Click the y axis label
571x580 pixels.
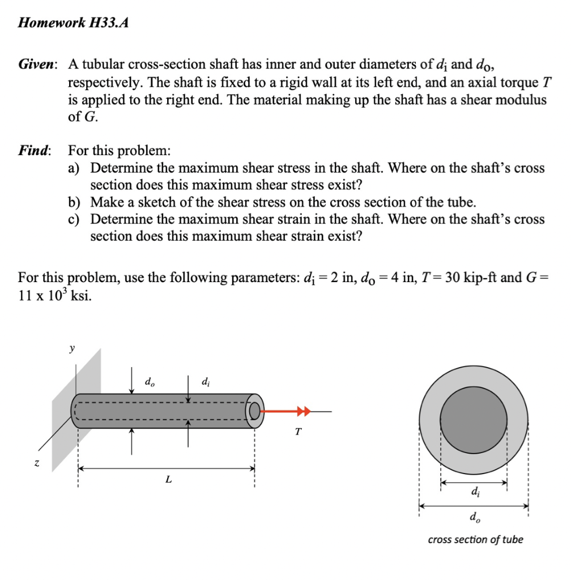coord(71,349)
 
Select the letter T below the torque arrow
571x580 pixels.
coord(299,432)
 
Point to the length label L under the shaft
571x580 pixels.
coord(168,480)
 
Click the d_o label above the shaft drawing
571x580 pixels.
coord(150,382)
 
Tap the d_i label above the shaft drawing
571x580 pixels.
coord(205,382)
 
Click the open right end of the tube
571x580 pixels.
coord(255,410)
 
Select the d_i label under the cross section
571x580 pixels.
coord(474,492)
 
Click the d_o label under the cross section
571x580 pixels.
coord(474,516)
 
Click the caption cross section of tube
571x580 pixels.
coord(475,539)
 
